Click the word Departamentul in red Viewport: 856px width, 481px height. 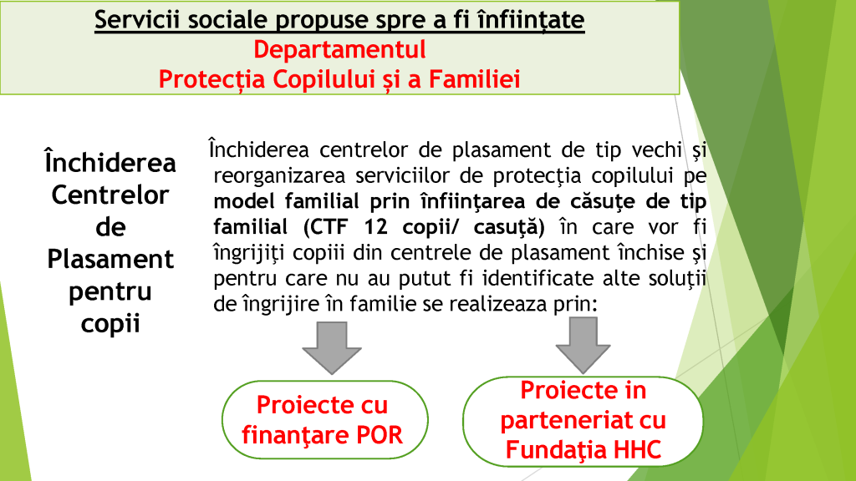click(x=339, y=49)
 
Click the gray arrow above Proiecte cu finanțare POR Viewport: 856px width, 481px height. click(x=332, y=347)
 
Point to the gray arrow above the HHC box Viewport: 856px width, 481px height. click(x=583, y=345)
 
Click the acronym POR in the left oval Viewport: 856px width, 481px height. click(x=380, y=435)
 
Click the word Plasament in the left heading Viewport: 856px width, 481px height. click(x=110, y=259)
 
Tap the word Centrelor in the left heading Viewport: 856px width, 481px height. click(x=110, y=195)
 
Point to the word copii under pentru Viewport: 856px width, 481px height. click(x=110, y=324)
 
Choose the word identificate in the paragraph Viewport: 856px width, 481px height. click(x=537, y=278)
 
